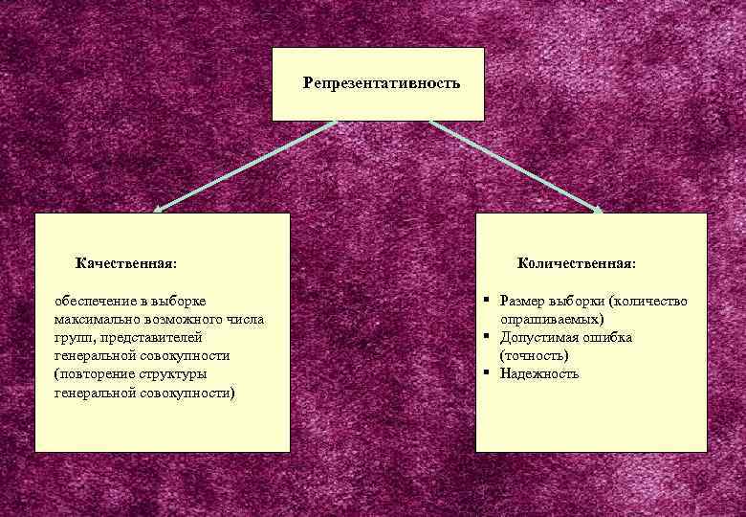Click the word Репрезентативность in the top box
tap(382, 83)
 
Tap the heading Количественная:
tap(577, 262)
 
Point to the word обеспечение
tap(95, 302)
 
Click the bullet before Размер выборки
tap(487, 300)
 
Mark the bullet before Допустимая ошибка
tap(487, 336)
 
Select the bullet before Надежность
tap(487, 371)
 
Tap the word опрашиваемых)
tap(552, 320)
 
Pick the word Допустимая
tap(539, 338)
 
